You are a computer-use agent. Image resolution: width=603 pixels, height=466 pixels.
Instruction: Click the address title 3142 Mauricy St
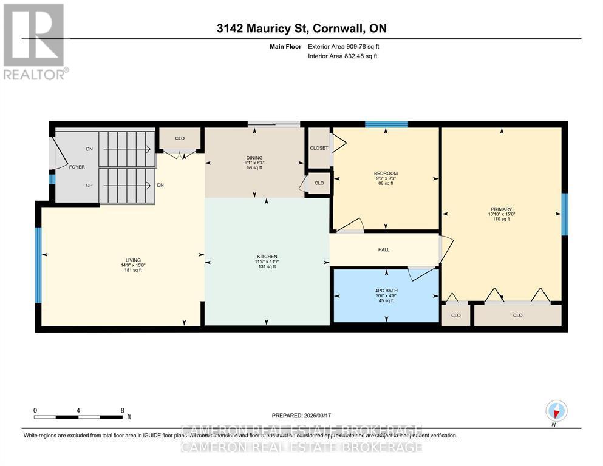pos(301,29)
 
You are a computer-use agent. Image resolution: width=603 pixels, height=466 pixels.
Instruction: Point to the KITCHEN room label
pos(267,256)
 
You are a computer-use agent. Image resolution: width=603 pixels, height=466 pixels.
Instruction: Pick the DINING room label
pos(254,158)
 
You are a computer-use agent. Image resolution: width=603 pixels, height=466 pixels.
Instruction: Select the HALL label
pos(384,249)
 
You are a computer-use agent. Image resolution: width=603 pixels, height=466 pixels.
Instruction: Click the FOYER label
pos(77,167)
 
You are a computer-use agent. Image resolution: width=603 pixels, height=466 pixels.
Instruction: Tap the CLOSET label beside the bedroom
pos(319,148)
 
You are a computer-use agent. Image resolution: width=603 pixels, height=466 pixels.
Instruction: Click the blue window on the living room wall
pos(38,265)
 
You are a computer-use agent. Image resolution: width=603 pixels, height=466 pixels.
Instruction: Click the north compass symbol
pos(556,411)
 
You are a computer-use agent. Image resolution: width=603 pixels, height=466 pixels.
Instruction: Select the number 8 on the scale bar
pos(122,410)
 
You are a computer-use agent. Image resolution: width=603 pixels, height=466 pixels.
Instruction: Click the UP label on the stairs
pos(89,185)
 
